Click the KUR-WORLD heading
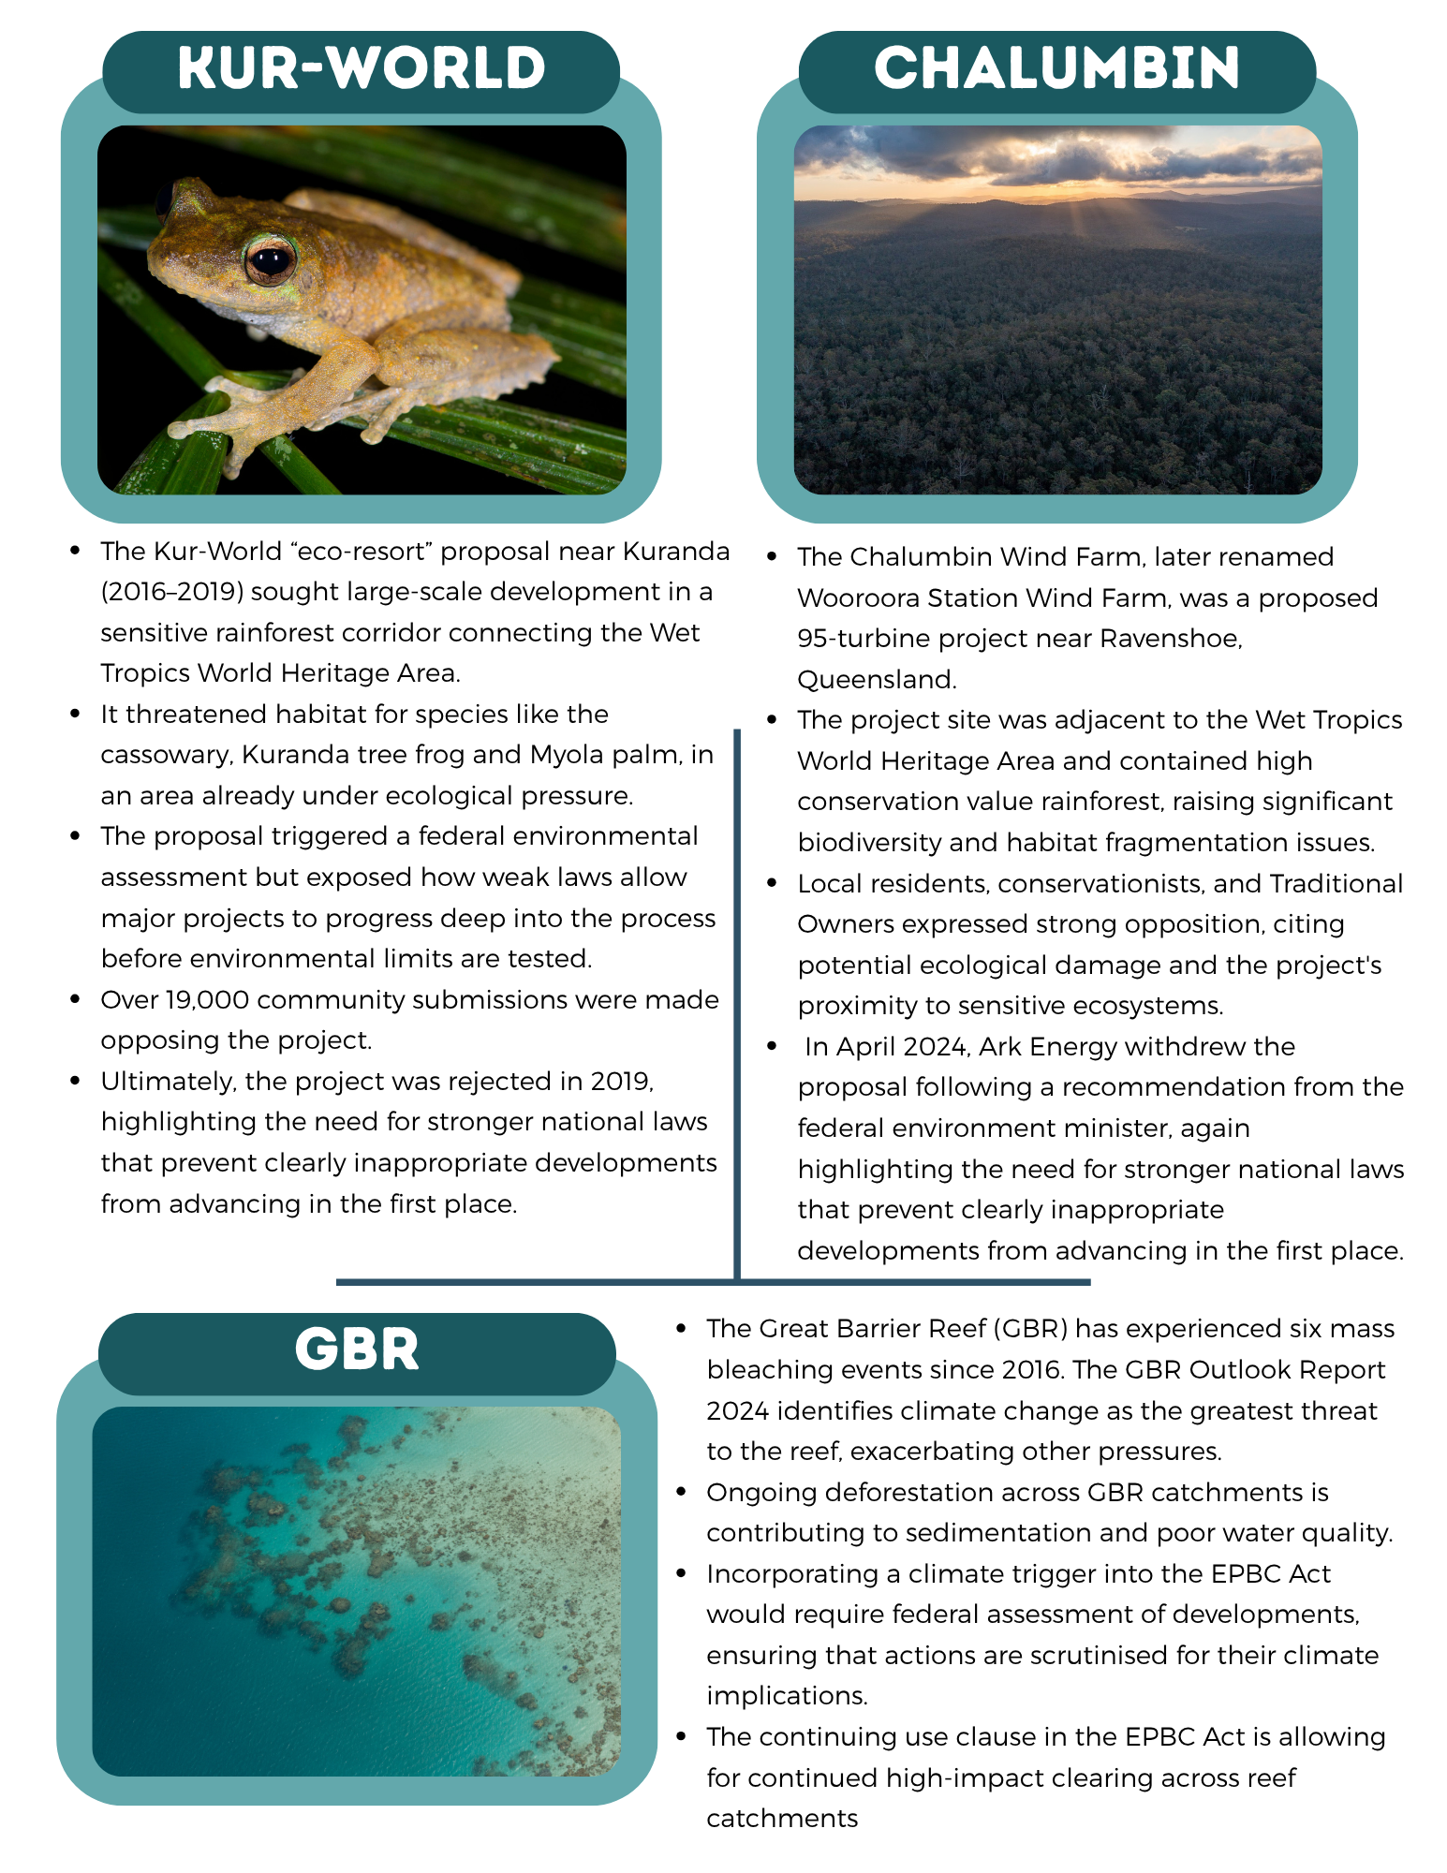(x=362, y=68)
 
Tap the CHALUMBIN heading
(x=1056, y=68)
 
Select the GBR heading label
(x=357, y=1349)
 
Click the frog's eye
(x=270, y=259)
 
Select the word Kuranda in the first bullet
(x=676, y=551)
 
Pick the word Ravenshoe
(x=1170, y=639)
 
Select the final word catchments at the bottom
(x=782, y=1818)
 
